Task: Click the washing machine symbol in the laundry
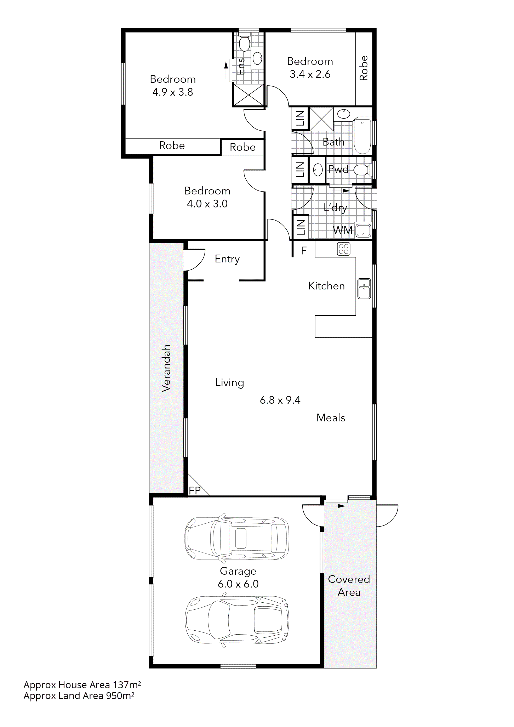click(363, 231)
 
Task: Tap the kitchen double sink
click(364, 288)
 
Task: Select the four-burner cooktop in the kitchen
click(343, 249)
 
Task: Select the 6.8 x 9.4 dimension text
click(280, 400)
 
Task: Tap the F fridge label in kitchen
click(304, 251)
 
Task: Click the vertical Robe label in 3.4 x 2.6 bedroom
click(364, 68)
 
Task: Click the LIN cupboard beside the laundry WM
click(300, 227)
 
